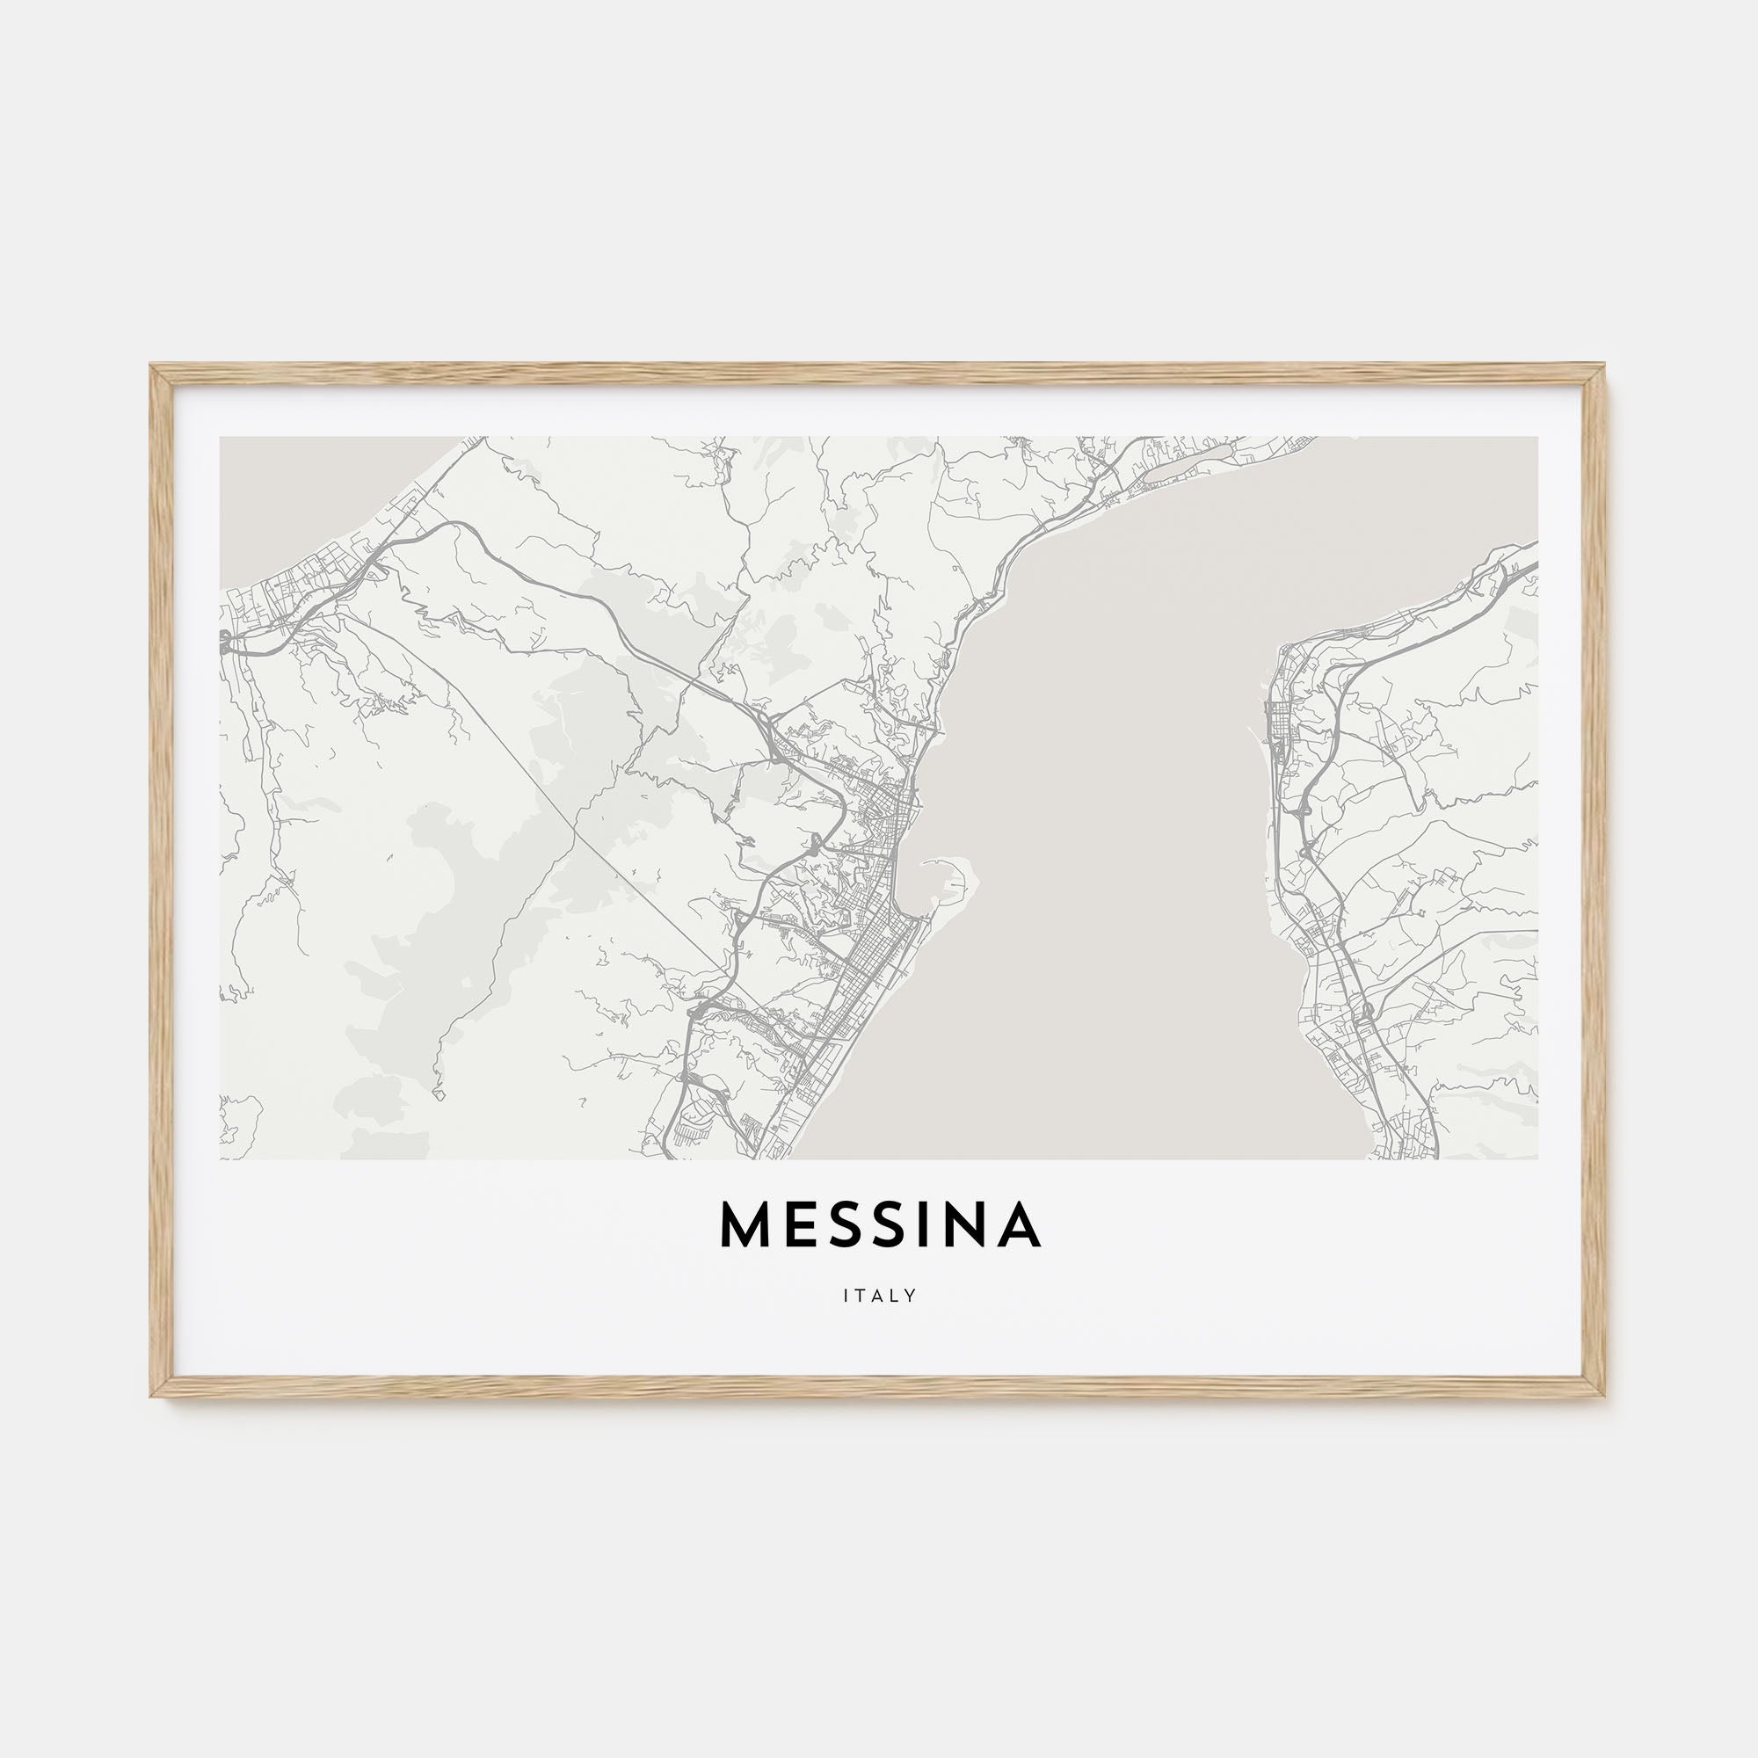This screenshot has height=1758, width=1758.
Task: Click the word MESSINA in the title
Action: tap(879, 1225)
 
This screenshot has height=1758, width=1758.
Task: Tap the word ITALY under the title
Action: tap(879, 1296)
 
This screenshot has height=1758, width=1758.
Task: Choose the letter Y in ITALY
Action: tap(910, 1296)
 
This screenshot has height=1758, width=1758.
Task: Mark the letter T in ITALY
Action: tap(860, 1296)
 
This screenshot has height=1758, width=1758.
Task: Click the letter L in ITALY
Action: tap(896, 1296)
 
